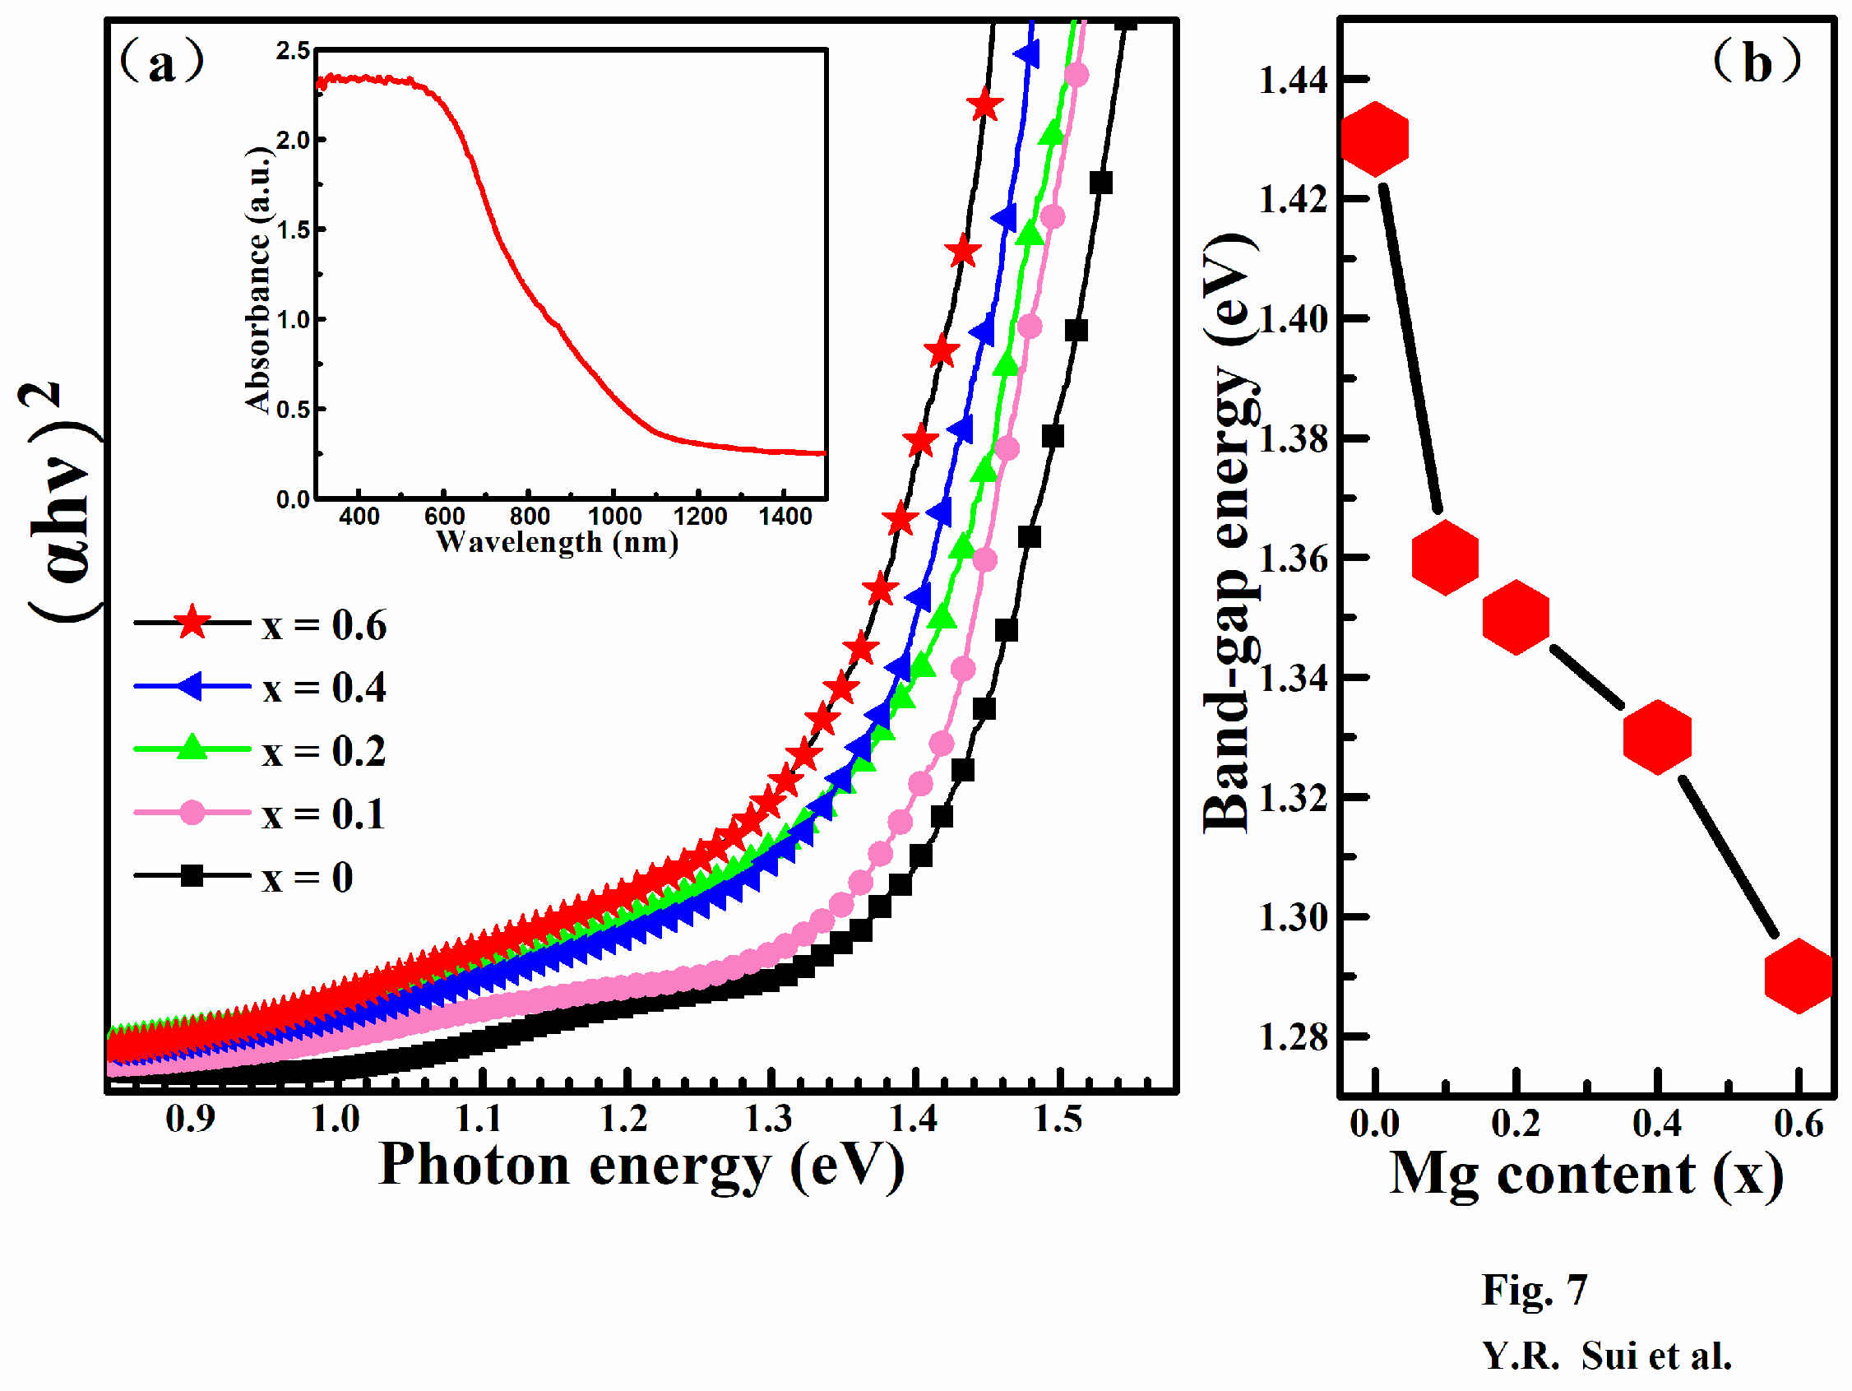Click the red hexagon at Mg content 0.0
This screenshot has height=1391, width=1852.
pyautogui.click(x=1374, y=139)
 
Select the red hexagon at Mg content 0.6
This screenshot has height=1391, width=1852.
pyautogui.click(x=1799, y=976)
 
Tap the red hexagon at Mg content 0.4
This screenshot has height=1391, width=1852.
pyautogui.click(x=1657, y=737)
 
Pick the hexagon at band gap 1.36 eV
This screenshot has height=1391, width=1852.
pyautogui.click(x=1444, y=558)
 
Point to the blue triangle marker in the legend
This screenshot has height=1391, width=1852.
pyautogui.click(x=191, y=687)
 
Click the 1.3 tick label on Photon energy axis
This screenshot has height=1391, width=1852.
pyautogui.click(x=769, y=1120)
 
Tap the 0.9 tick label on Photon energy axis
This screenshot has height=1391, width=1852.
pyautogui.click(x=190, y=1120)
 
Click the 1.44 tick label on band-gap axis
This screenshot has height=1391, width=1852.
pyautogui.click(x=1294, y=81)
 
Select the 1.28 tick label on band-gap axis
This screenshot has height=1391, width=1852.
pyautogui.click(x=1294, y=1037)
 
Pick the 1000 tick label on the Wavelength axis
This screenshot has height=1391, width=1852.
pyautogui.click(x=614, y=516)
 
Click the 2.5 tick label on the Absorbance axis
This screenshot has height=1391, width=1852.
pyautogui.click(x=293, y=52)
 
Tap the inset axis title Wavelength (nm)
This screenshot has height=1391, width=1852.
pyautogui.click(x=557, y=543)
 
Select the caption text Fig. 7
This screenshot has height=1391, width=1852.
pyautogui.click(x=1534, y=1290)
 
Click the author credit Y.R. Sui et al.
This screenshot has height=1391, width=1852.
pyautogui.click(x=1606, y=1356)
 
